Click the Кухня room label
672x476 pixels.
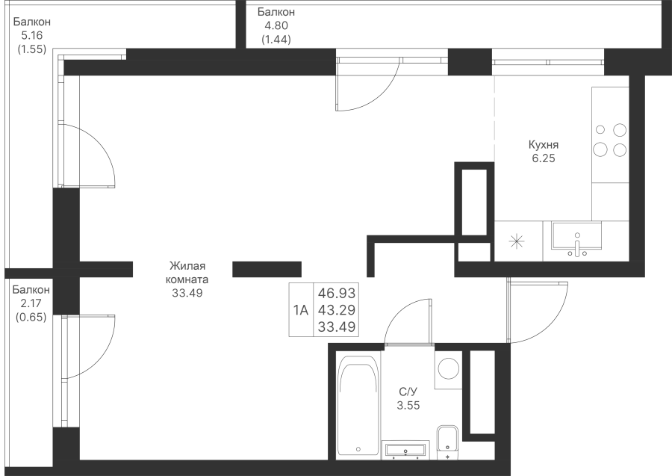(544, 144)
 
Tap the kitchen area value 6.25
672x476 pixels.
(544, 158)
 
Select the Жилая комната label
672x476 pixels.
(187, 272)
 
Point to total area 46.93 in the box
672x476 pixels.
(337, 293)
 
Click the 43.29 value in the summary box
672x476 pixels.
(337, 309)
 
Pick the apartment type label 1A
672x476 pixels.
(301, 309)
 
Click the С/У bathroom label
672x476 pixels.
(408, 392)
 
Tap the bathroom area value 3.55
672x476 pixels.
(408, 405)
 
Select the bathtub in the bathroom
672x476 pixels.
(358, 406)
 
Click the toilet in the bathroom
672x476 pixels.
(448, 442)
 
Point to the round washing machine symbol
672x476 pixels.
(448, 369)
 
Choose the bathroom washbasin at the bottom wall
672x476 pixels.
(405, 450)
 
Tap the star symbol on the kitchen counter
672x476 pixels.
(517, 241)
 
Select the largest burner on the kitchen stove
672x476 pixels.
(600, 149)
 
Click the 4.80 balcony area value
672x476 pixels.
(276, 25)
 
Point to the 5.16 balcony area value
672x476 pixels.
(31, 35)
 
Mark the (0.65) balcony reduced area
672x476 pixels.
(31, 318)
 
